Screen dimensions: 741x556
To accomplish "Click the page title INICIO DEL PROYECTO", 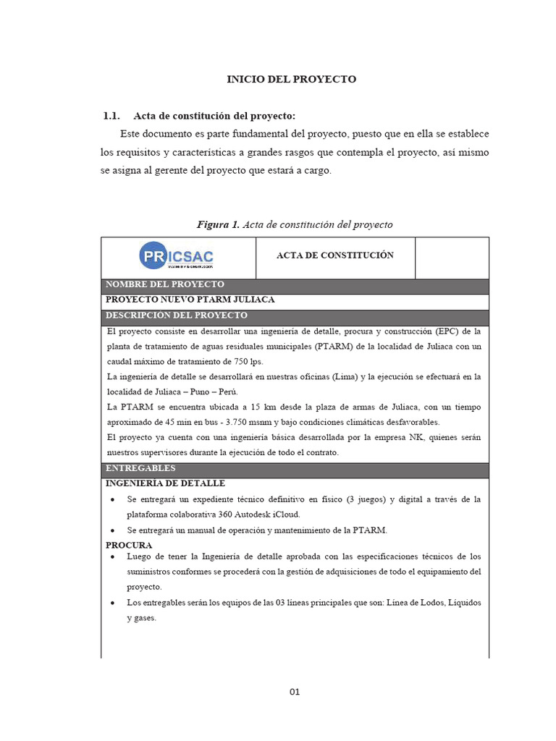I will click(292, 80).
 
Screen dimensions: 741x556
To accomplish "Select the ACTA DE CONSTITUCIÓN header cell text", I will click(335, 255).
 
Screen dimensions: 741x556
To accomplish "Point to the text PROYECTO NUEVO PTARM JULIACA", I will click(190, 300).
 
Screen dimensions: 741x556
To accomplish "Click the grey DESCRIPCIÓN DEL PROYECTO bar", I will click(295, 317).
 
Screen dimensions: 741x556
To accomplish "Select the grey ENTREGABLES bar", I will click(295, 470).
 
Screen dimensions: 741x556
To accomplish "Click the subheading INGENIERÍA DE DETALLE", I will click(166, 483).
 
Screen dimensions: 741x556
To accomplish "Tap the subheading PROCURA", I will click(129, 545).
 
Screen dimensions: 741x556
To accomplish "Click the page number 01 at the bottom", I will click(295, 692).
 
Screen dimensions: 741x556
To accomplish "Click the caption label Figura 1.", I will click(218, 225).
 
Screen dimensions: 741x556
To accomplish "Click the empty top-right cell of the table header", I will click(451, 258).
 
